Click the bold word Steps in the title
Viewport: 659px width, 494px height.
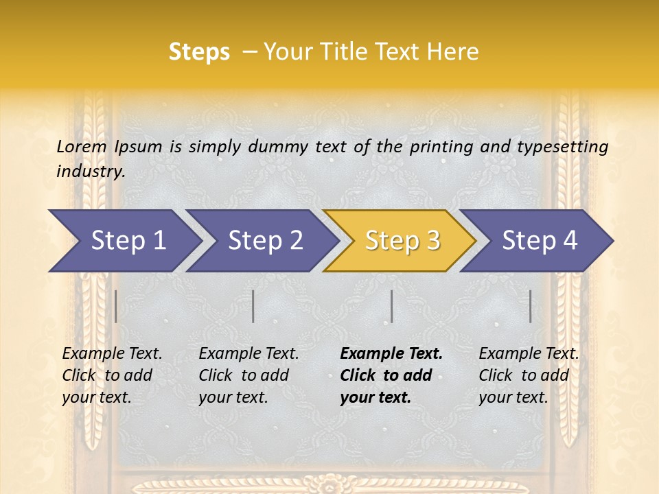tap(199, 51)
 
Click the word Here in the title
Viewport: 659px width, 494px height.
tap(452, 51)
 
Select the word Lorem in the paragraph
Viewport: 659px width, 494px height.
tap(82, 146)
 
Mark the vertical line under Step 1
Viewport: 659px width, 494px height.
tap(116, 306)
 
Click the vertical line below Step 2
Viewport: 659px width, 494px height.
tap(253, 306)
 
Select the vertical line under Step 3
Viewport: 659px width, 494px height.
tap(391, 306)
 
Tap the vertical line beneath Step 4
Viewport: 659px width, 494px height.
tap(530, 306)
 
